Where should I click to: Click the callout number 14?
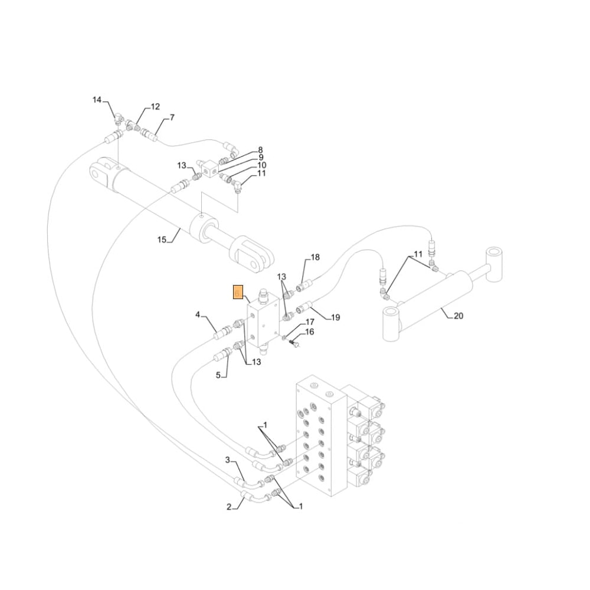click(x=97, y=100)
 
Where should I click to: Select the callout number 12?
click(x=155, y=107)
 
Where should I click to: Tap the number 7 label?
click(x=172, y=117)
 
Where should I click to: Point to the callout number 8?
click(x=260, y=150)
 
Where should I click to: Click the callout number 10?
click(x=261, y=165)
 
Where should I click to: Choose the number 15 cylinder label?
click(x=162, y=240)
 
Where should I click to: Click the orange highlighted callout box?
click(x=238, y=292)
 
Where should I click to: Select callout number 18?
click(x=315, y=257)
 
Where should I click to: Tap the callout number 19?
click(x=335, y=317)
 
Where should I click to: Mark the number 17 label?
click(x=310, y=322)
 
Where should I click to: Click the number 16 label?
click(x=310, y=332)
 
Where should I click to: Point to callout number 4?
click(x=198, y=314)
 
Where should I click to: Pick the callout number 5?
click(x=218, y=375)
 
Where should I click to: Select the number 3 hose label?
click(x=227, y=460)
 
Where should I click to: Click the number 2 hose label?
click(x=229, y=506)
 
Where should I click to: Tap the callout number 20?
click(x=458, y=316)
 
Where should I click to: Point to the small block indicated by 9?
click(x=207, y=169)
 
